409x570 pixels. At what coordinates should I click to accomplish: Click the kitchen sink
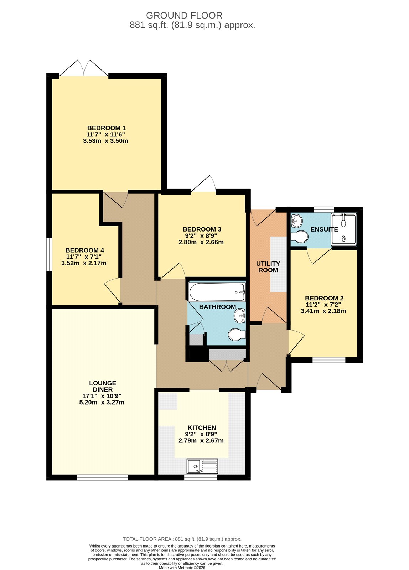pyautogui.click(x=202, y=466)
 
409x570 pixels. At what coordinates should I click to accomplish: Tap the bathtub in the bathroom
pyautogui.click(x=217, y=292)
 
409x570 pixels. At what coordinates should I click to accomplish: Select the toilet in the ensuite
pyautogui.click(x=299, y=237)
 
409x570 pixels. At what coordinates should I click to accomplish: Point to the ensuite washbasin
pyautogui.click(x=296, y=220)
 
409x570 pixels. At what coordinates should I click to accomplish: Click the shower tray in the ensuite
pyautogui.click(x=343, y=229)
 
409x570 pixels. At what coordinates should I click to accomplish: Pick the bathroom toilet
pyautogui.click(x=237, y=335)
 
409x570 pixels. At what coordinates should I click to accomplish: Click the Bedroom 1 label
pyautogui.click(x=107, y=128)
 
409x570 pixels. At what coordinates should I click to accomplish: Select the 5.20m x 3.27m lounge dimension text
pyautogui.click(x=102, y=402)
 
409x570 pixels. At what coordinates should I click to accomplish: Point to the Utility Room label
pyautogui.click(x=268, y=267)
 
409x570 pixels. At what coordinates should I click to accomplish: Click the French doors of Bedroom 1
pyautogui.click(x=84, y=68)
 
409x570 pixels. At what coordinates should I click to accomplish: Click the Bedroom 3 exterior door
pyautogui.click(x=203, y=184)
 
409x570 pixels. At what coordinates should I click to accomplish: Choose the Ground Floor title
pyautogui.click(x=184, y=16)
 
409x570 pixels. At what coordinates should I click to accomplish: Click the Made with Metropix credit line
pyautogui.click(x=182, y=568)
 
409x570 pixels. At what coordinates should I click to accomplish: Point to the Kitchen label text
pyautogui.click(x=202, y=428)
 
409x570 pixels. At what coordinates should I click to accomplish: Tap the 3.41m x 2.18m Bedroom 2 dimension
pyautogui.click(x=323, y=311)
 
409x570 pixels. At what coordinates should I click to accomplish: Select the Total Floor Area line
pyautogui.click(x=182, y=539)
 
